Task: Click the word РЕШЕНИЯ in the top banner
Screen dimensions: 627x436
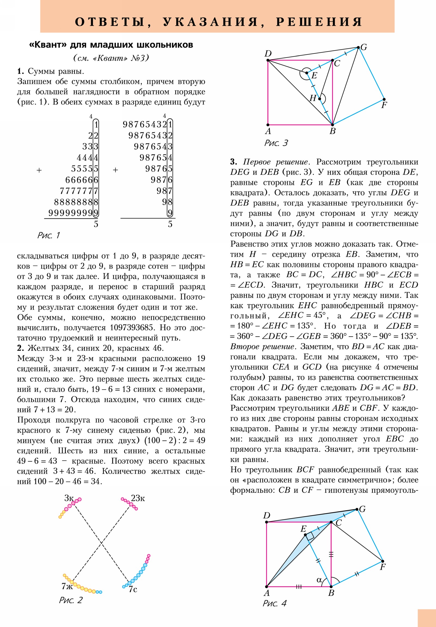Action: coord(319,22)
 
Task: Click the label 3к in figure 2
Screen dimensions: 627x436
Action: coord(69,498)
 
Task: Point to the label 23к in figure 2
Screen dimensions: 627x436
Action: coord(138,498)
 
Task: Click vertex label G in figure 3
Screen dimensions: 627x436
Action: coord(364,47)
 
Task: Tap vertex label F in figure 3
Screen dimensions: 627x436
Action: coord(384,105)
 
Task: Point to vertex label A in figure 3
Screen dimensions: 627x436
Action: coord(268,131)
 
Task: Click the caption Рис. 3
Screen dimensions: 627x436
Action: coord(276,143)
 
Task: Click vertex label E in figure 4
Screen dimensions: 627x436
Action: coord(304,529)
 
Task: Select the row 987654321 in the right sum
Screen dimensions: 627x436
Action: coord(147,125)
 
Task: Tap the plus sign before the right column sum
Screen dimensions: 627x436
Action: coord(116,170)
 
